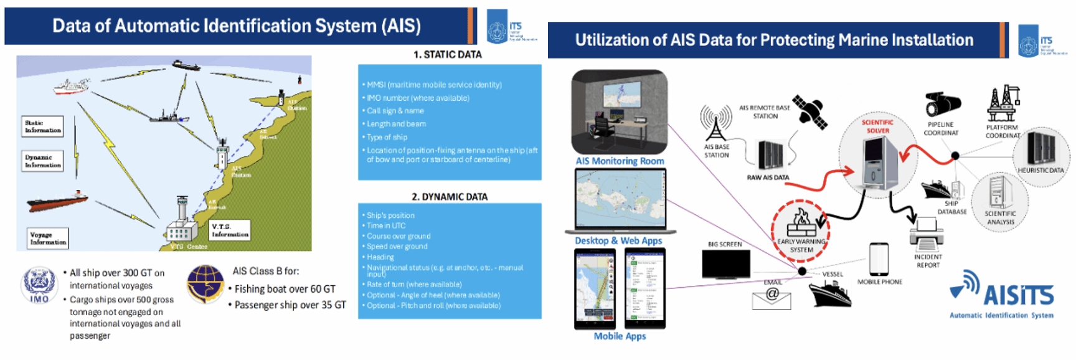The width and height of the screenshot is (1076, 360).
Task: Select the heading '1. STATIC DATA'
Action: [x=447, y=55]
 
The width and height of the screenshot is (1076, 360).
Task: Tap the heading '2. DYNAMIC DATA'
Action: [x=449, y=197]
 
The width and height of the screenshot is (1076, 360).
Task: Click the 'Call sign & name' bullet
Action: [x=395, y=111]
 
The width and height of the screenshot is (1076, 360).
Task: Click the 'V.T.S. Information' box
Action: [x=230, y=230]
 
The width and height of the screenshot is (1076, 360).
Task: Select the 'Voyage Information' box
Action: [x=48, y=239]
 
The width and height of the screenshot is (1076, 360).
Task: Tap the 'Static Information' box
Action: [x=42, y=126]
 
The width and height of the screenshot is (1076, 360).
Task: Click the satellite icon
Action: [x=810, y=112]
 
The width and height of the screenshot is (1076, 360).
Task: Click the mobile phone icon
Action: [x=879, y=259]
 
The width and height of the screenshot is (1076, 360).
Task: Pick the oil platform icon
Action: [x=1003, y=103]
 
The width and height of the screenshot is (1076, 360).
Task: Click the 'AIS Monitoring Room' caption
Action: [x=620, y=161]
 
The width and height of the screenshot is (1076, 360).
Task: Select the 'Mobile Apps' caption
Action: [x=620, y=336]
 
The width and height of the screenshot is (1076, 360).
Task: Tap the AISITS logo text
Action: [x=1018, y=295]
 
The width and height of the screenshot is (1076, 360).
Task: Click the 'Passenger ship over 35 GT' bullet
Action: [x=290, y=305]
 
